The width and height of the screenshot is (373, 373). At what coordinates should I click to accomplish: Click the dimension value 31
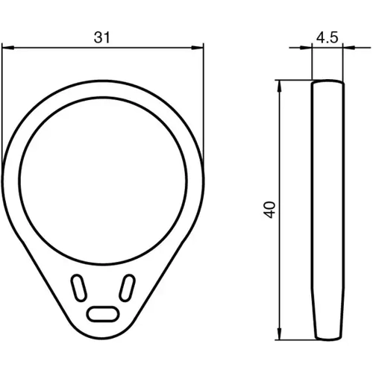103,36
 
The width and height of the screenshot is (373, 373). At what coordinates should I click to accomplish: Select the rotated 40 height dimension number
269,208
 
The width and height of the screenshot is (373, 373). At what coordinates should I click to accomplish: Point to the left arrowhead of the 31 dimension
7,48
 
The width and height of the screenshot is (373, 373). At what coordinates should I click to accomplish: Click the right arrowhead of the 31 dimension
199,48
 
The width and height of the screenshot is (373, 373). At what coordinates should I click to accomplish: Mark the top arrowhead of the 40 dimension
280,83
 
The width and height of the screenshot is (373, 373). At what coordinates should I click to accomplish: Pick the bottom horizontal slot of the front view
102,313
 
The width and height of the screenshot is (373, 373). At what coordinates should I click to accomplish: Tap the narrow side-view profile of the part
327,209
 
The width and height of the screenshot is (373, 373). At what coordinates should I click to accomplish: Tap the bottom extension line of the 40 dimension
295,336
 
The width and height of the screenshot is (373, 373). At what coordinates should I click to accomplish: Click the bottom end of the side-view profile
327,335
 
